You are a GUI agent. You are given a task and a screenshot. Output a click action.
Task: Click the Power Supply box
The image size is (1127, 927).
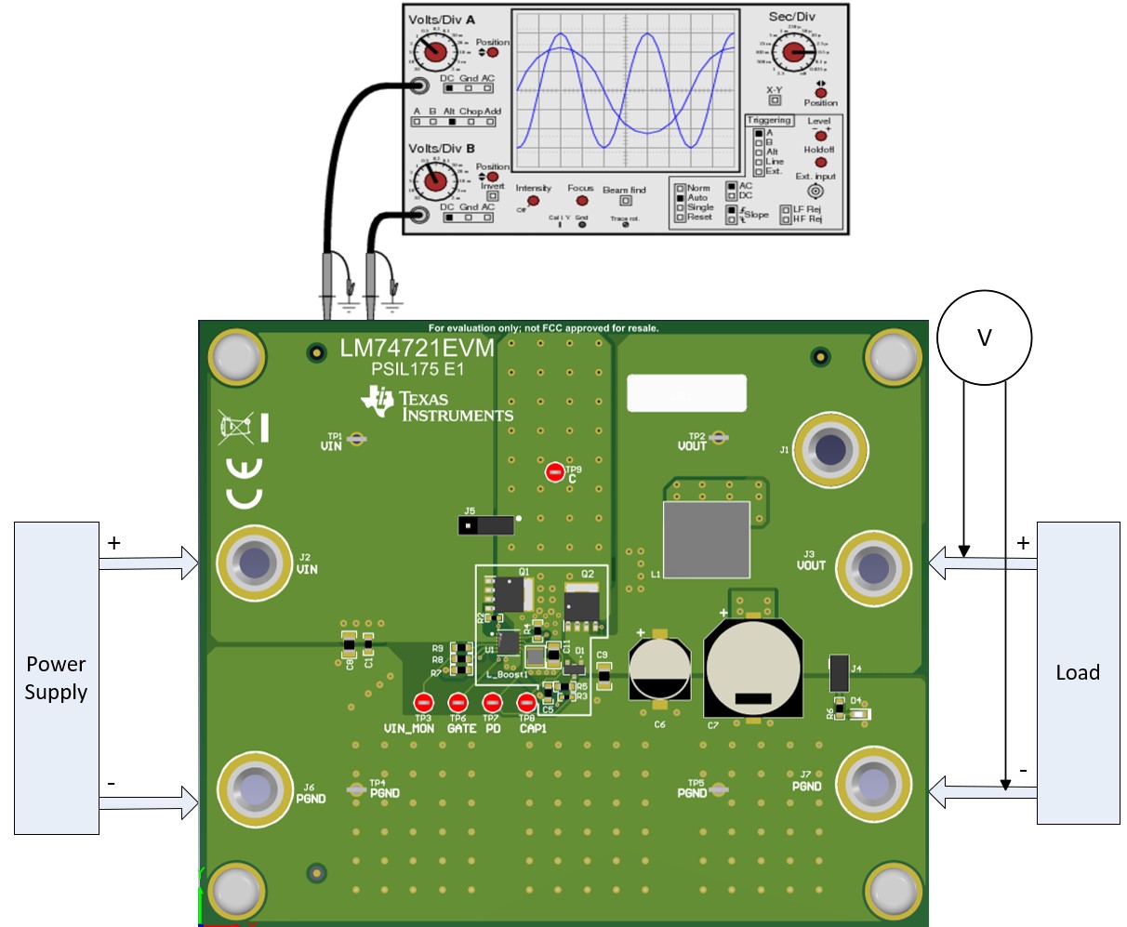pyautogui.click(x=56, y=678)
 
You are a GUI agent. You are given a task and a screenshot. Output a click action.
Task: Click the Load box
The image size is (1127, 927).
pyautogui.click(x=1078, y=672)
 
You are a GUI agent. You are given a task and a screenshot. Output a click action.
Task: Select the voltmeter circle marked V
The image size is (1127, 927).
pyautogui.click(x=984, y=338)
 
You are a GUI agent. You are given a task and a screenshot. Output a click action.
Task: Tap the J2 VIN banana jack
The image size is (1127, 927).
pyautogui.click(x=254, y=563)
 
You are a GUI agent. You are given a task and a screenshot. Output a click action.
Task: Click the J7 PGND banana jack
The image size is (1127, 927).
pyautogui.click(x=873, y=784)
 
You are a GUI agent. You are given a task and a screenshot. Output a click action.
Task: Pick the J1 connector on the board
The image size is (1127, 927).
pyautogui.click(x=830, y=450)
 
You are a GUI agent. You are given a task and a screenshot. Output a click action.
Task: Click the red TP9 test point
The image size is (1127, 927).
pyautogui.click(x=555, y=472)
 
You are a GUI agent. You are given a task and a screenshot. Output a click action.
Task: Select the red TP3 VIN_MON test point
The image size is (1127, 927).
pyautogui.click(x=424, y=703)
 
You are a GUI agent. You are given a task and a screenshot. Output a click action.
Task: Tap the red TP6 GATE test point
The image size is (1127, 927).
pyautogui.click(x=457, y=703)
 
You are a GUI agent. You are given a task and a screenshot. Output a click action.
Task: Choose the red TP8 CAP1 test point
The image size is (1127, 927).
pyautogui.click(x=527, y=703)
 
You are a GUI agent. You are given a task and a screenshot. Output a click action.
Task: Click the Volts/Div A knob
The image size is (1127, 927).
pyautogui.click(x=433, y=54)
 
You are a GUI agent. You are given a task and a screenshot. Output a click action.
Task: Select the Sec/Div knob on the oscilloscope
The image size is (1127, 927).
pyautogui.click(x=793, y=52)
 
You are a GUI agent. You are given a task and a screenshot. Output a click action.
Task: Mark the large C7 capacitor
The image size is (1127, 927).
pyautogui.click(x=753, y=669)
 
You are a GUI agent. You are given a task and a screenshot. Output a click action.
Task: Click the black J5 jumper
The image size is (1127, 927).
pyautogui.click(x=485, y=525)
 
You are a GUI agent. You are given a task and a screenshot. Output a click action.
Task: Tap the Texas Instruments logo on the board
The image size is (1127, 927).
pyautogui.click(x=437, y=405)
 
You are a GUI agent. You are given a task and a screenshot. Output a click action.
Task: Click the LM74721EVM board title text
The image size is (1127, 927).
pyautogui.click(x=416, y=349)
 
